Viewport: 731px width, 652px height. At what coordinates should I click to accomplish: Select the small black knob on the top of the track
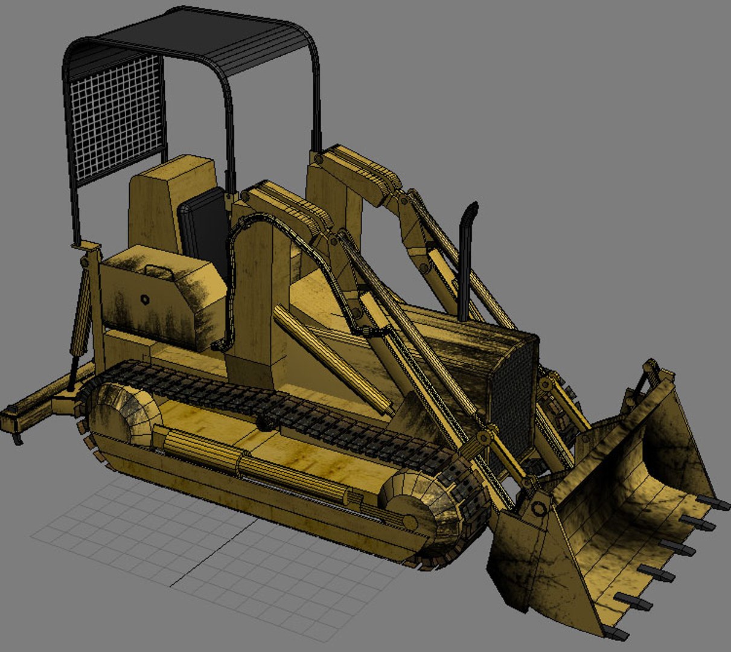click(264, 423)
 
